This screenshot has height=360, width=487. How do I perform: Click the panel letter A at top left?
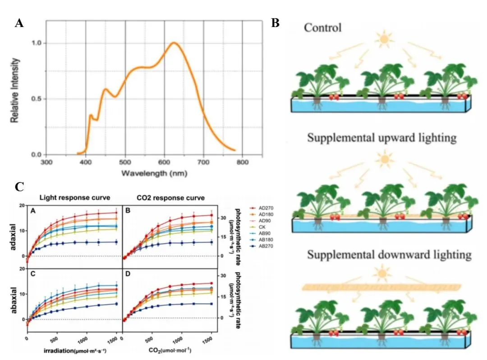click(19, 23)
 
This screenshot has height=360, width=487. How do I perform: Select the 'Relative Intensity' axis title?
click(16, 96)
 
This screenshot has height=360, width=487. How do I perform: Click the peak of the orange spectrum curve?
click(174, 43)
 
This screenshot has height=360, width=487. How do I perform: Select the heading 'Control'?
click(322, 28)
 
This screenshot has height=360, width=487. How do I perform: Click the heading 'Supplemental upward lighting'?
click(382, 137)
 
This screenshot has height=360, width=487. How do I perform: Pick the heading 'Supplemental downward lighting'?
click(389, 255)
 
